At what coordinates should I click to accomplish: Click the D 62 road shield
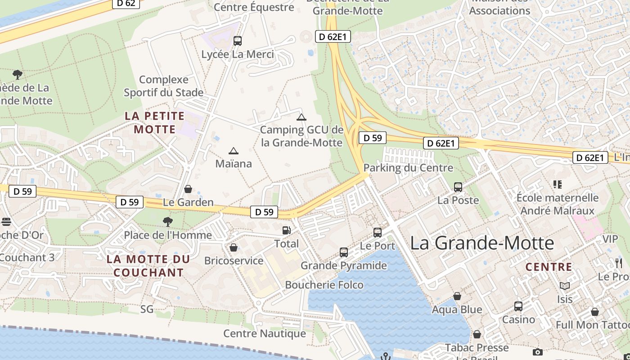(x=126, y=3)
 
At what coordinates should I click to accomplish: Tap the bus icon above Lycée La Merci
(x=238, y=41)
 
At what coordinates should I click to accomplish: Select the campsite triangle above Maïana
(x=233, y=151)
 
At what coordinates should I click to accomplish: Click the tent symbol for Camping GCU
(x=301, y=117)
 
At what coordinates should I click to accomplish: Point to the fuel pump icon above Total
(x=286, y=230)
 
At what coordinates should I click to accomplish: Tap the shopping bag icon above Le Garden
(x=188, y=189)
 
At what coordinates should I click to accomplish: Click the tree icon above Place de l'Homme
(x=168, y=221)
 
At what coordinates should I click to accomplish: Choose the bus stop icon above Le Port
(x=378, y=233)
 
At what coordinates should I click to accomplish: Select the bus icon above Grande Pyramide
(x=344, y=252)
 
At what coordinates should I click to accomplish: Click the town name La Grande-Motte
(x=482, y=243)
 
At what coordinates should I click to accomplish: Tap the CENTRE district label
(x=549, y=267)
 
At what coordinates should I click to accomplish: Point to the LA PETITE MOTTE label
(x=155, y=122)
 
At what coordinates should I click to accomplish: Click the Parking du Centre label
(x=408, y=168)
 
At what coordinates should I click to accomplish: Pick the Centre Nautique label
(x=265, y=333)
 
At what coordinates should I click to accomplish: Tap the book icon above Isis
(x=565, y=286)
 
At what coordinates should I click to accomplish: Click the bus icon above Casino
(x=518, y=306)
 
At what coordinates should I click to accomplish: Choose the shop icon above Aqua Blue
(x=457, y=296)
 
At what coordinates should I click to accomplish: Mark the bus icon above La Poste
(x=458, y=187)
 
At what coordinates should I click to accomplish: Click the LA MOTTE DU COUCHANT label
(x=148, y=266)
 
